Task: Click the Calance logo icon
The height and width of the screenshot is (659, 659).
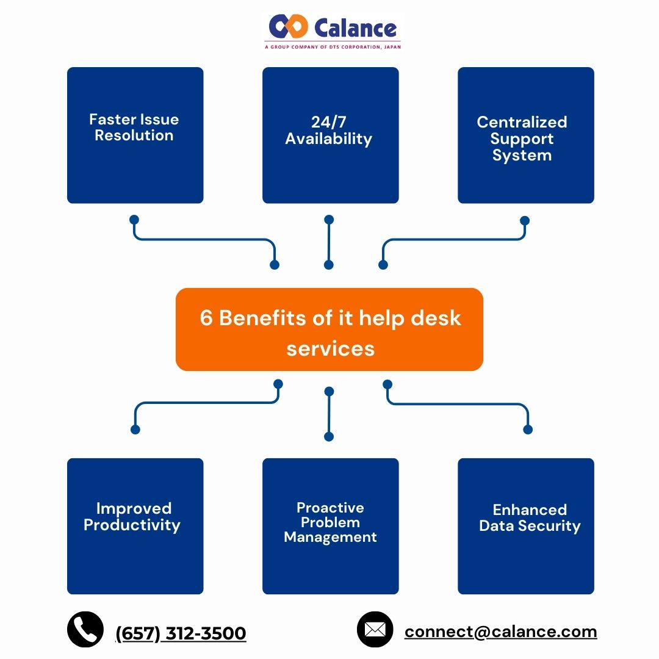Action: (289, 27)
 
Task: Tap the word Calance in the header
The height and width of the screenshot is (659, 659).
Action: (356, 27)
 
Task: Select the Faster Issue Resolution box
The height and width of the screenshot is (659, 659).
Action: (135, 135)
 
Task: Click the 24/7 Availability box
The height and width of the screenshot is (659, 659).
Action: (330, 135)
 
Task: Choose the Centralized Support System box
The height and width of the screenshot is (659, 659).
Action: (525, 135)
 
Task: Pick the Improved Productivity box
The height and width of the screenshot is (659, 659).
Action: (135, 526)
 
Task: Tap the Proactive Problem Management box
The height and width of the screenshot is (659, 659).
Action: (330, 526)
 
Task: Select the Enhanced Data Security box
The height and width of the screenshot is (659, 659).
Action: (525, 526)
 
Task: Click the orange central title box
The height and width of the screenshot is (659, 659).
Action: (329, 329)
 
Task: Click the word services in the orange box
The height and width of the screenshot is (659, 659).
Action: (330, 348)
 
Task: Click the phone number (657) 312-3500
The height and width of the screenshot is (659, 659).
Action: (181, 633)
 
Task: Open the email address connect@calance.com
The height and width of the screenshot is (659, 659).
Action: (500, 632)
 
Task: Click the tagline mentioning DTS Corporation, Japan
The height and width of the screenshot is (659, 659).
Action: (333, 47)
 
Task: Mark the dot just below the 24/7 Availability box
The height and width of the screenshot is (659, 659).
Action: (329, 219)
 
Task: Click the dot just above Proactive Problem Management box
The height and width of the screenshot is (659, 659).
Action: (329, 436)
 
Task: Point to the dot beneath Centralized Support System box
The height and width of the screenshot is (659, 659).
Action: (525, 220)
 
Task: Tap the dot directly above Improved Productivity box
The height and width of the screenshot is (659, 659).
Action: (135, 430)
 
